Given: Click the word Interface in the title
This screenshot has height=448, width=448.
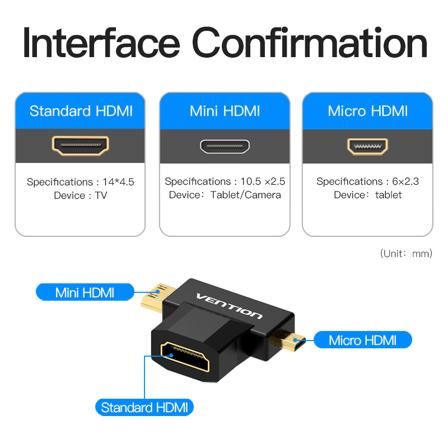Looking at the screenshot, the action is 101,43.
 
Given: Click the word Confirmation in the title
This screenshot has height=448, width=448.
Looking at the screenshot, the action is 310,43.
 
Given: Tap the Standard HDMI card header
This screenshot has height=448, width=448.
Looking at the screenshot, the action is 80,111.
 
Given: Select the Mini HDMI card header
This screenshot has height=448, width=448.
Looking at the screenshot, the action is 225,111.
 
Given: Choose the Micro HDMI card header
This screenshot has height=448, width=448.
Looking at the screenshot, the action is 368,111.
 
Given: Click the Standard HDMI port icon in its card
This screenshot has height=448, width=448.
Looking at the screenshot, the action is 80,146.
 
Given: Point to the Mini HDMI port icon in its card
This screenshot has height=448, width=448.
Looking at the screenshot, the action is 225,146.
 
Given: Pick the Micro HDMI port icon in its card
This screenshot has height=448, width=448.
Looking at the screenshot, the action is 368,147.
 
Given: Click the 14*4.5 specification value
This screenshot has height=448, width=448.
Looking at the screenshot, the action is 118,182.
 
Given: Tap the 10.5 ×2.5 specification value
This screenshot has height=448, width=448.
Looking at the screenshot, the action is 263,181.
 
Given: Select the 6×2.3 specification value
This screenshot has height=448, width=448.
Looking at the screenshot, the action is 405,181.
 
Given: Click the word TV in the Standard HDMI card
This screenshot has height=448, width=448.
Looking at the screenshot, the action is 101,195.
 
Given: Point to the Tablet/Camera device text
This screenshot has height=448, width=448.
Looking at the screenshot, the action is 246,195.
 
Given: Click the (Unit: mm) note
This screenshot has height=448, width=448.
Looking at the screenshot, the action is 406,254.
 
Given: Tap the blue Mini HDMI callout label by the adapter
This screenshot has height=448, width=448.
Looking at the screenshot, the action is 85,292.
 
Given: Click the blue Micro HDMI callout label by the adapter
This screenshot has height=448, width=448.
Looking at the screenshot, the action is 363,340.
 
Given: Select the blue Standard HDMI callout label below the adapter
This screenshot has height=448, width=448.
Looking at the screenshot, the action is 144,408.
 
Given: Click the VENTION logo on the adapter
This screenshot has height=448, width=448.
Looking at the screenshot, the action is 230,306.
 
